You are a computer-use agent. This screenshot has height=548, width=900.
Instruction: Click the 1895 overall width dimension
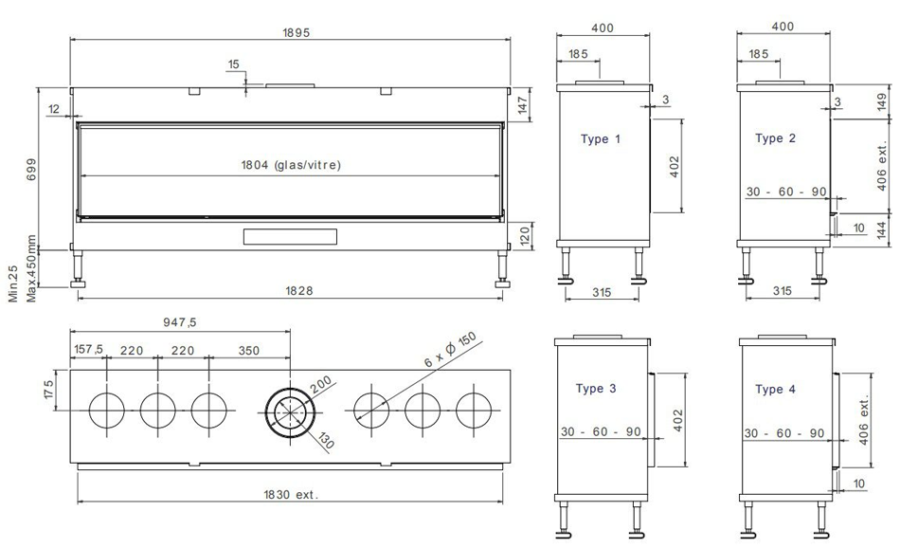tap(296, 33)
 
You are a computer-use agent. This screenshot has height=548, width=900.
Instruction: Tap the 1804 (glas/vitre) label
tap(291, 165)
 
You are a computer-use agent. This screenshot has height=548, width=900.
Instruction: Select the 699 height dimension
tap(31, 170)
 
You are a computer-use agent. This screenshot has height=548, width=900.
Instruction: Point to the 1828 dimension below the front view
tap(299, 291)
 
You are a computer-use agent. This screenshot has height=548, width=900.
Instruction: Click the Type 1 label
tap(601, 139)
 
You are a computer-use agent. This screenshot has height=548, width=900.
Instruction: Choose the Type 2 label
tap(776, 138)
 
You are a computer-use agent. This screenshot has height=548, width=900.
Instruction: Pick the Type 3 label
tap(596, 389)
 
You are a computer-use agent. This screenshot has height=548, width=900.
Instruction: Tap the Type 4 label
tap(776, 390)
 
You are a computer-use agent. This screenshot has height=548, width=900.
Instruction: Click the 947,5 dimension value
tap(180, 322)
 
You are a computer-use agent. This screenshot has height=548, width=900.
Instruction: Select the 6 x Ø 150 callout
tap(451, 349)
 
